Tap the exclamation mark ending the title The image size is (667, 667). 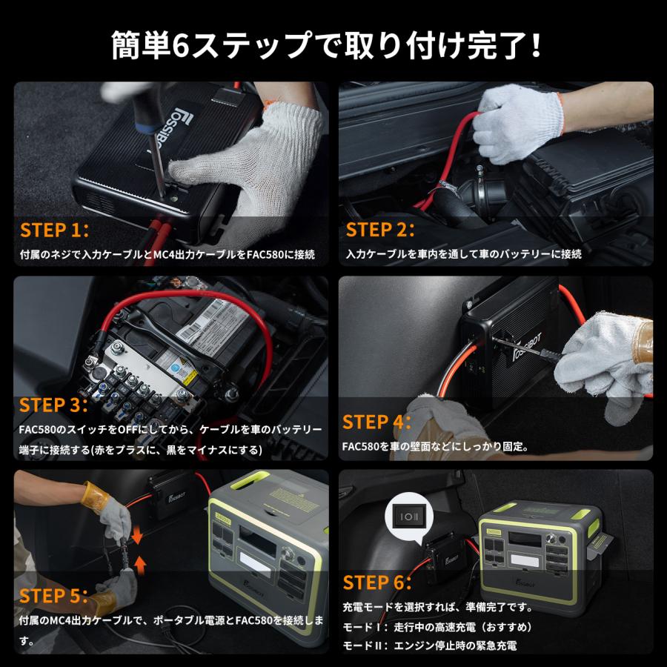536,46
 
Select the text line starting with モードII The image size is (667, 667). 429,646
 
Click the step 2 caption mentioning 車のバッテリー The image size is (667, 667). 463,254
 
